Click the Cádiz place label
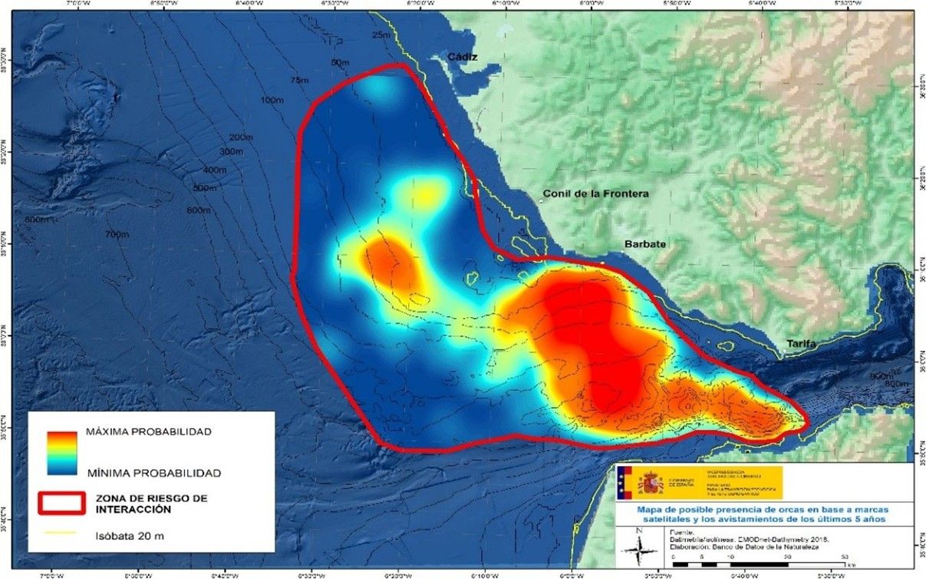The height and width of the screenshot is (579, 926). point(463,57)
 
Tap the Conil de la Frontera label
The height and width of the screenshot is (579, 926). point(595,194)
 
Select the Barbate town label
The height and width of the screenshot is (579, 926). point(644,244)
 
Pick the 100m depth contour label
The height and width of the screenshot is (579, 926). point(272,101)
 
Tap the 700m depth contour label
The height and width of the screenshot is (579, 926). point(117,233)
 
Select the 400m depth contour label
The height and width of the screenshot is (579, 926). point(215,170)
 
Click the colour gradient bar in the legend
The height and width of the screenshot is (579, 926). point(61,452)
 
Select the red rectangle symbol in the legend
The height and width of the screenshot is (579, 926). point(61,502)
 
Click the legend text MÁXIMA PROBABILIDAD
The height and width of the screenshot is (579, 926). point(149,432)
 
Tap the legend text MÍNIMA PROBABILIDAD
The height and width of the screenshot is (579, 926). point(153,473)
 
